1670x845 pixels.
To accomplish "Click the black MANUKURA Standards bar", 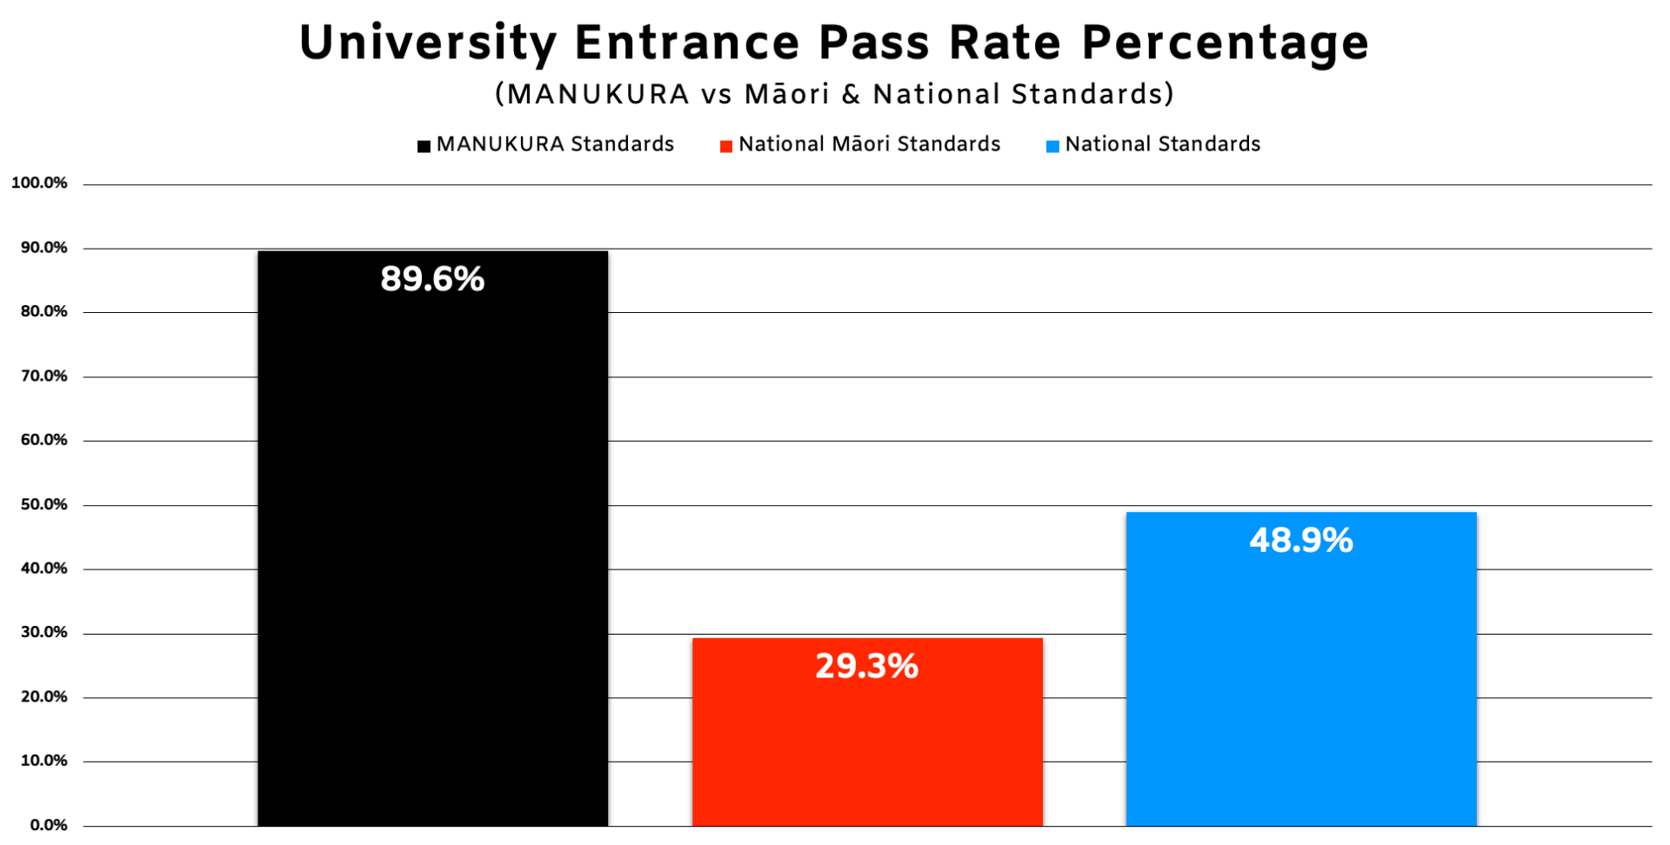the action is (432, 538).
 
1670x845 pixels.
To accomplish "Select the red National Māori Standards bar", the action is (867, 732).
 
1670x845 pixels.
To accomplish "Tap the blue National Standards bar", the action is (1301, 669).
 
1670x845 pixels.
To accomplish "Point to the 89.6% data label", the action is (432, 279).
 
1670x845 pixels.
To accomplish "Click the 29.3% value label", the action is (867, 666).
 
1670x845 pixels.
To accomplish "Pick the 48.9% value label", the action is (1301, 540).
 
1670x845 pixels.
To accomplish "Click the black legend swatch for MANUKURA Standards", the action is (424, 146).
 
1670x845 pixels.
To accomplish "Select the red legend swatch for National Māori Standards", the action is (726, 146).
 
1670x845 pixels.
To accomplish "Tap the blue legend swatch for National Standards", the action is (1052, 146).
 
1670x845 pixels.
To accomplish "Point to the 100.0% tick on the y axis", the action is (39, 183).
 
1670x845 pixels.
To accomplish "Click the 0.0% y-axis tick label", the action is (49, 825).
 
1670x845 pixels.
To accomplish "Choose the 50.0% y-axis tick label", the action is (44, 504).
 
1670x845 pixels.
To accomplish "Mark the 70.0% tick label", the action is (44, 376).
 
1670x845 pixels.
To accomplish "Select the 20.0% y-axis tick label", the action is (44, 696).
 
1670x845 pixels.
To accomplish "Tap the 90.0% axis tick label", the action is (44, 248).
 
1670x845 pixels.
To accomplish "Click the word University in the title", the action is (428, 43).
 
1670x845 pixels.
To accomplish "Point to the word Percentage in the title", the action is (1226, 43).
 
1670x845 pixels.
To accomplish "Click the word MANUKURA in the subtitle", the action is (598, 94).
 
